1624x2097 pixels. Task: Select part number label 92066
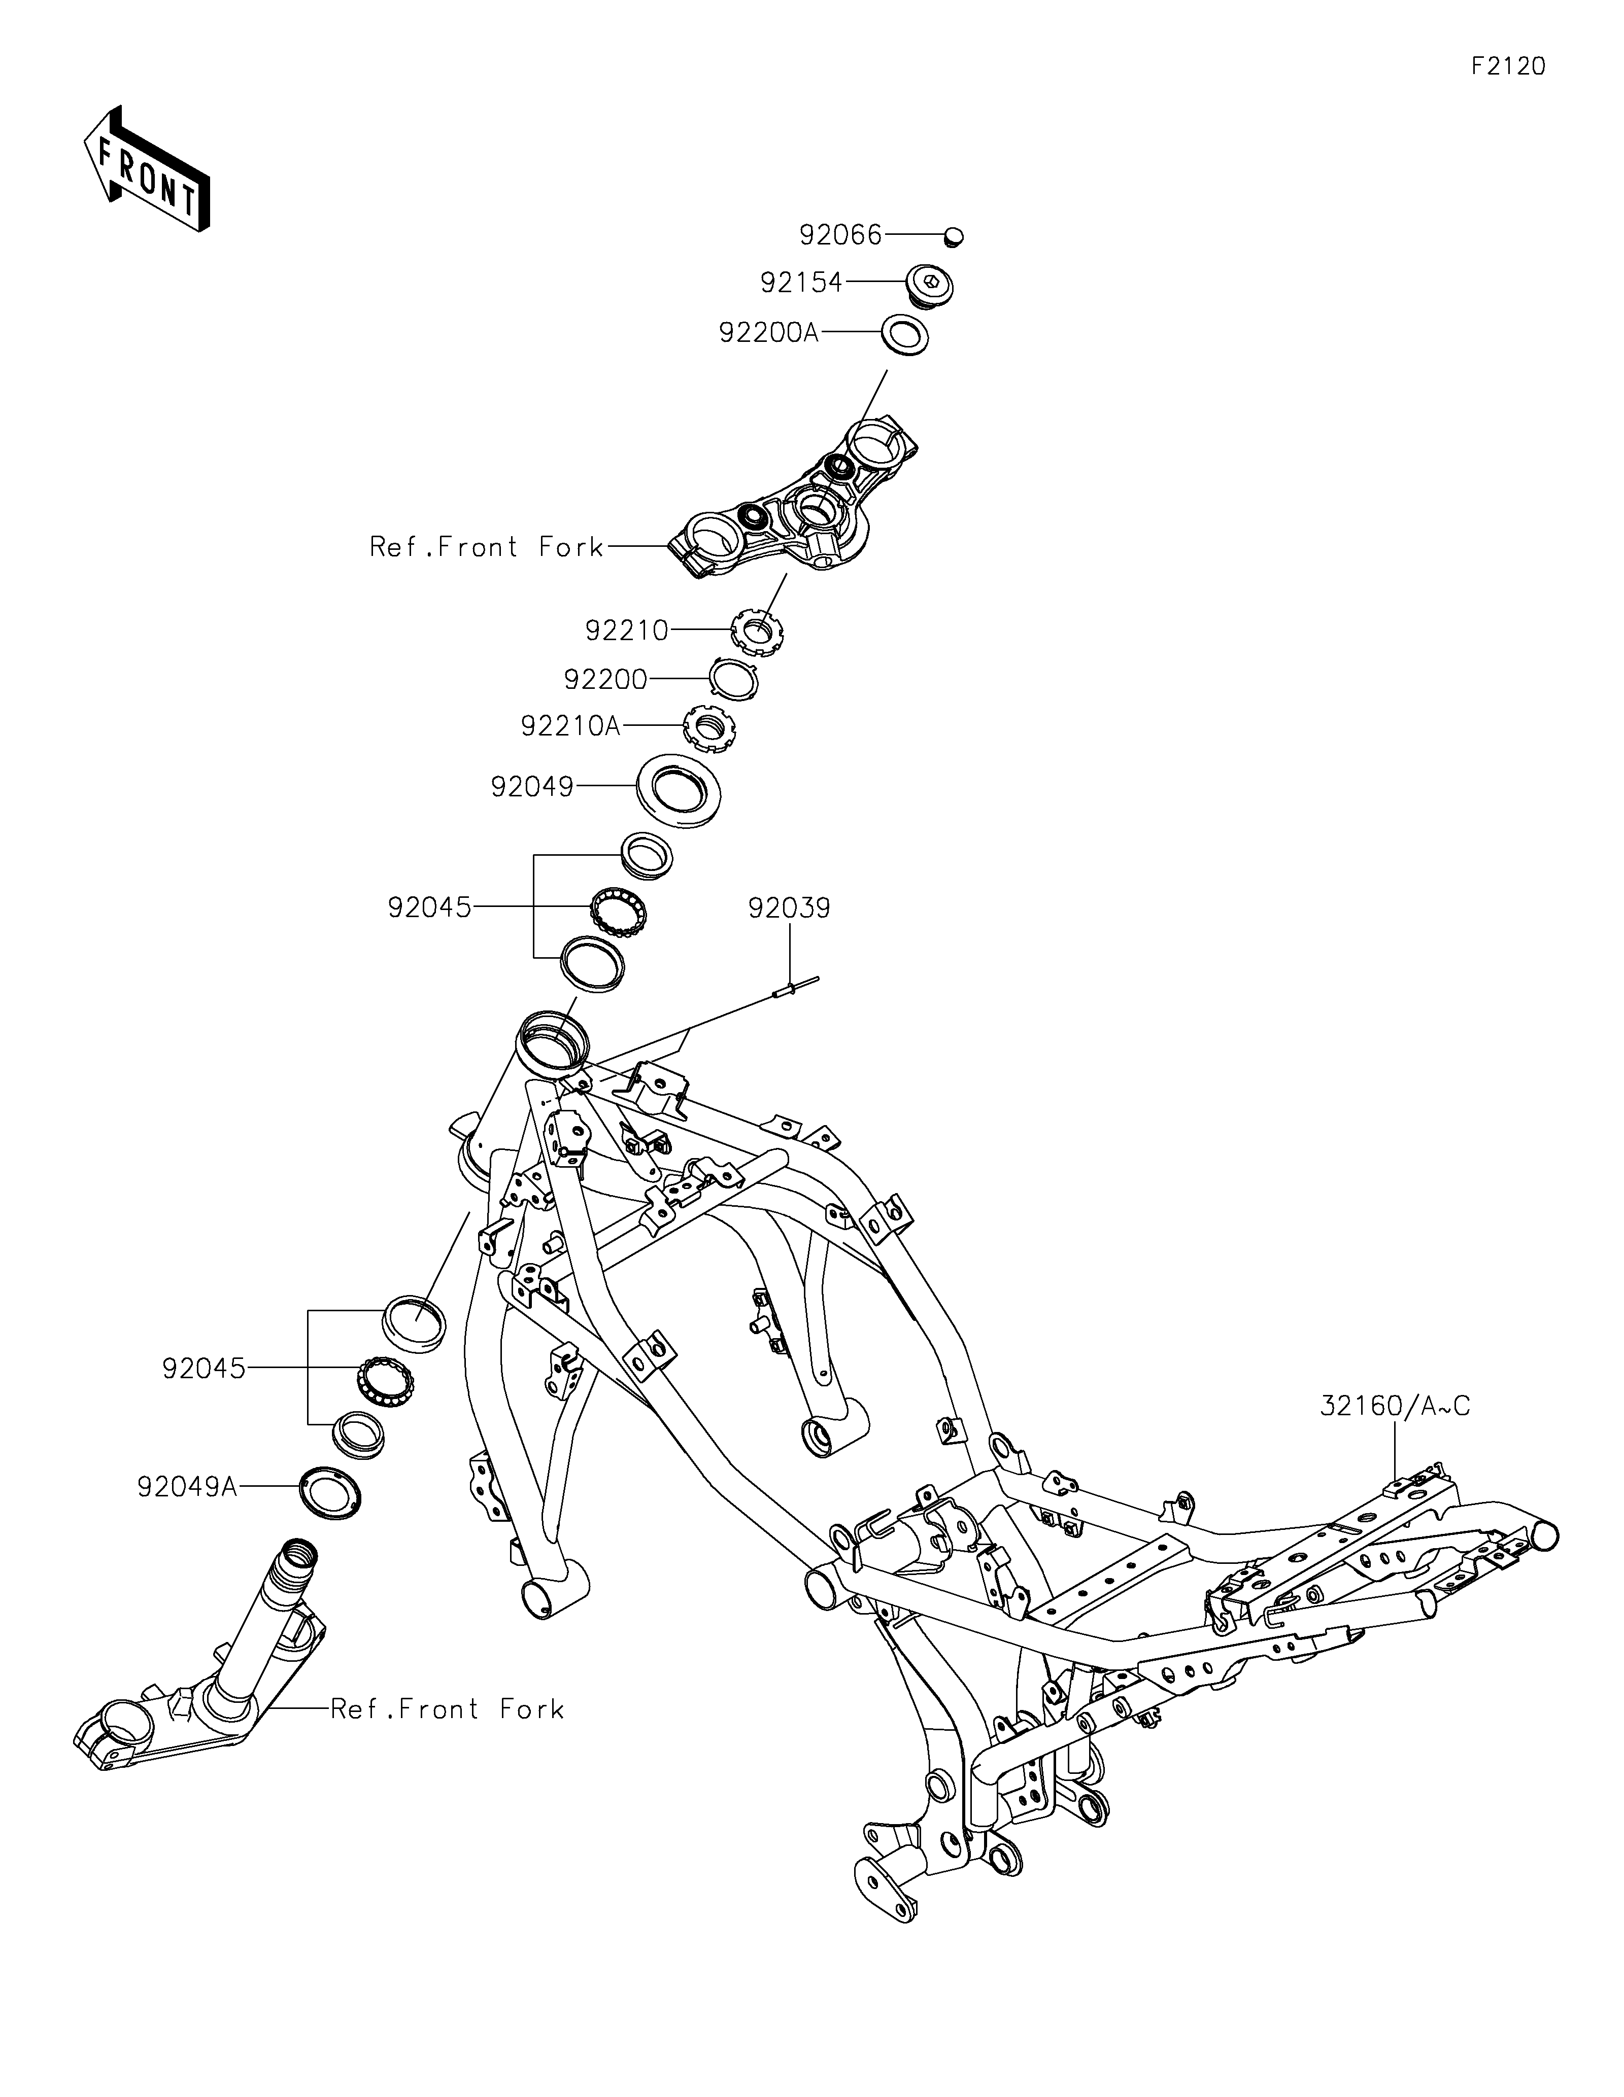[840, 235]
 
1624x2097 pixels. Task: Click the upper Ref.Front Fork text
[487, 547]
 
